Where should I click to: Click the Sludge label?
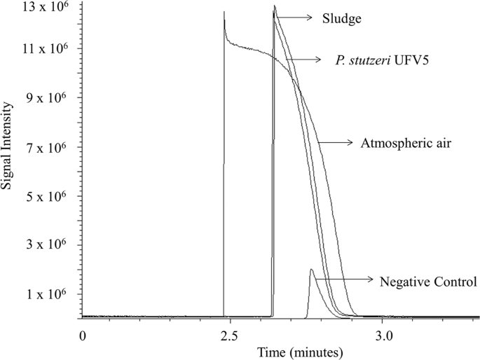[x=342, y=18]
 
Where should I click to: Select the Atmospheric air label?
[x=400, y=144]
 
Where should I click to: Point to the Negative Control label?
[x=428, y=282]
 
